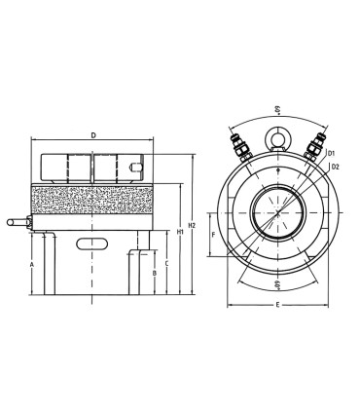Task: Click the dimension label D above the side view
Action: [x=93, y=135]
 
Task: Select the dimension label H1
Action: [x=180, y=232]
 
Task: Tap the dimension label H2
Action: [x=192, y=225]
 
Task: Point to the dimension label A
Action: [x=32, y=265]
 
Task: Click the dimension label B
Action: [x=155, y=273]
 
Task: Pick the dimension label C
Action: [x=166, y=263]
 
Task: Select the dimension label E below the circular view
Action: [x=277, y=305]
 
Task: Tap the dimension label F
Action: [x=213, y=235]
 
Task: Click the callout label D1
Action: [x=331, y=153]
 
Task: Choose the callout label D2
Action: [x=335, y=167]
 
